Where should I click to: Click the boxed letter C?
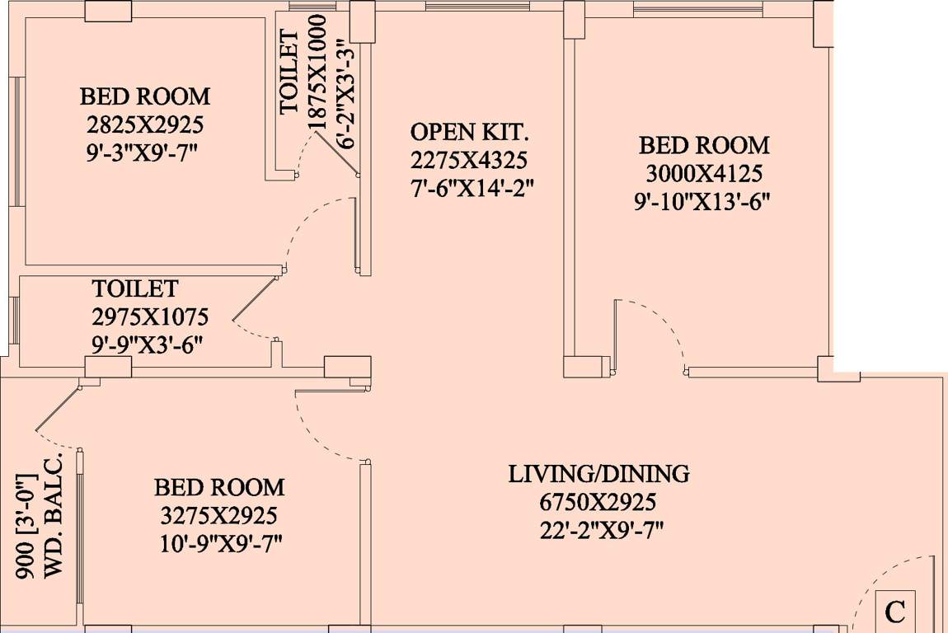point(895,612)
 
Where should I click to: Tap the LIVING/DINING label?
point(598,475)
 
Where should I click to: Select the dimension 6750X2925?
point(598,502)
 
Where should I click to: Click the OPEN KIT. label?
point(470,132)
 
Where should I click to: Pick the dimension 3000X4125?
point(704,174)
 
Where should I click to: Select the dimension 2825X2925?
point(145,124)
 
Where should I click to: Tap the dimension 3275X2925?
point(219,516)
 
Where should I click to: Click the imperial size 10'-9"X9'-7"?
point(219,544)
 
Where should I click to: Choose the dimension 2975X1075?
point(150,316)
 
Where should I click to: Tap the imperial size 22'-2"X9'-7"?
point(598,529)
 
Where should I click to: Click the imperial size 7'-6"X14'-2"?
point(472,187)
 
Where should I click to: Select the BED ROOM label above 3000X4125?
point(704,146)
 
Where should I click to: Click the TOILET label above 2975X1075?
point(135,289)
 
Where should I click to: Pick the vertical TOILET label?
point(289,73)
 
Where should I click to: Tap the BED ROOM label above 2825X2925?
point(145,96)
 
